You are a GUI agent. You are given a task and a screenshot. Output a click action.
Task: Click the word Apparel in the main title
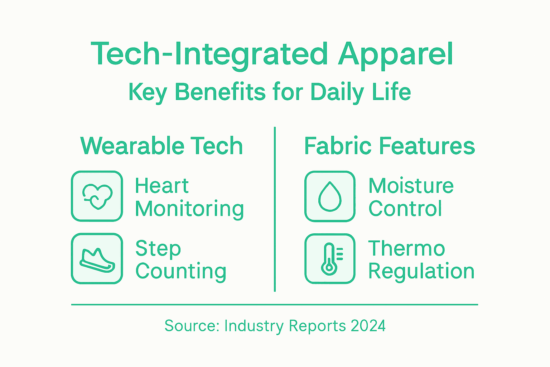coord(396,54)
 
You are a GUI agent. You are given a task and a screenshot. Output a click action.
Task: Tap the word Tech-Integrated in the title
coord(209,54)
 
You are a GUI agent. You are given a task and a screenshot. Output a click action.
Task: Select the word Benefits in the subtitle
coord(220,92)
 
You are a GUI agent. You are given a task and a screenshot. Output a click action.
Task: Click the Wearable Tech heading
coord(162,146)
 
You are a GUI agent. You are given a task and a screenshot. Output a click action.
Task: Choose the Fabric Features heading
coord(390,146)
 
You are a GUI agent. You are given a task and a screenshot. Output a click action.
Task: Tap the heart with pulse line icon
coord(97,196)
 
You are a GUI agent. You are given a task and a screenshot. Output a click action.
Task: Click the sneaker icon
coord(97,259)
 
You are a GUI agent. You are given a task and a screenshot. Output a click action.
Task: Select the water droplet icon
coord(330,196)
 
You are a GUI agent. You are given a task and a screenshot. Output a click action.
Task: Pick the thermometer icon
coord(330,259)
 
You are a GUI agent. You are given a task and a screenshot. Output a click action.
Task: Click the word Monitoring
coord(189,209)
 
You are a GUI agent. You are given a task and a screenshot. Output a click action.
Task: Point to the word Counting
coord(181,272)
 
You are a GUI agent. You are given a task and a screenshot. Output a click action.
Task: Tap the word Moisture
coord(411,186)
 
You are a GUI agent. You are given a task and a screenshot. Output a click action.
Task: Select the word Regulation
coord(421,271)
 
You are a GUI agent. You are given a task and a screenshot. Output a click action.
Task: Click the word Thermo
coord(406,248)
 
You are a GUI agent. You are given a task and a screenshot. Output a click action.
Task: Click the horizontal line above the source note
coord(275,305)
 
